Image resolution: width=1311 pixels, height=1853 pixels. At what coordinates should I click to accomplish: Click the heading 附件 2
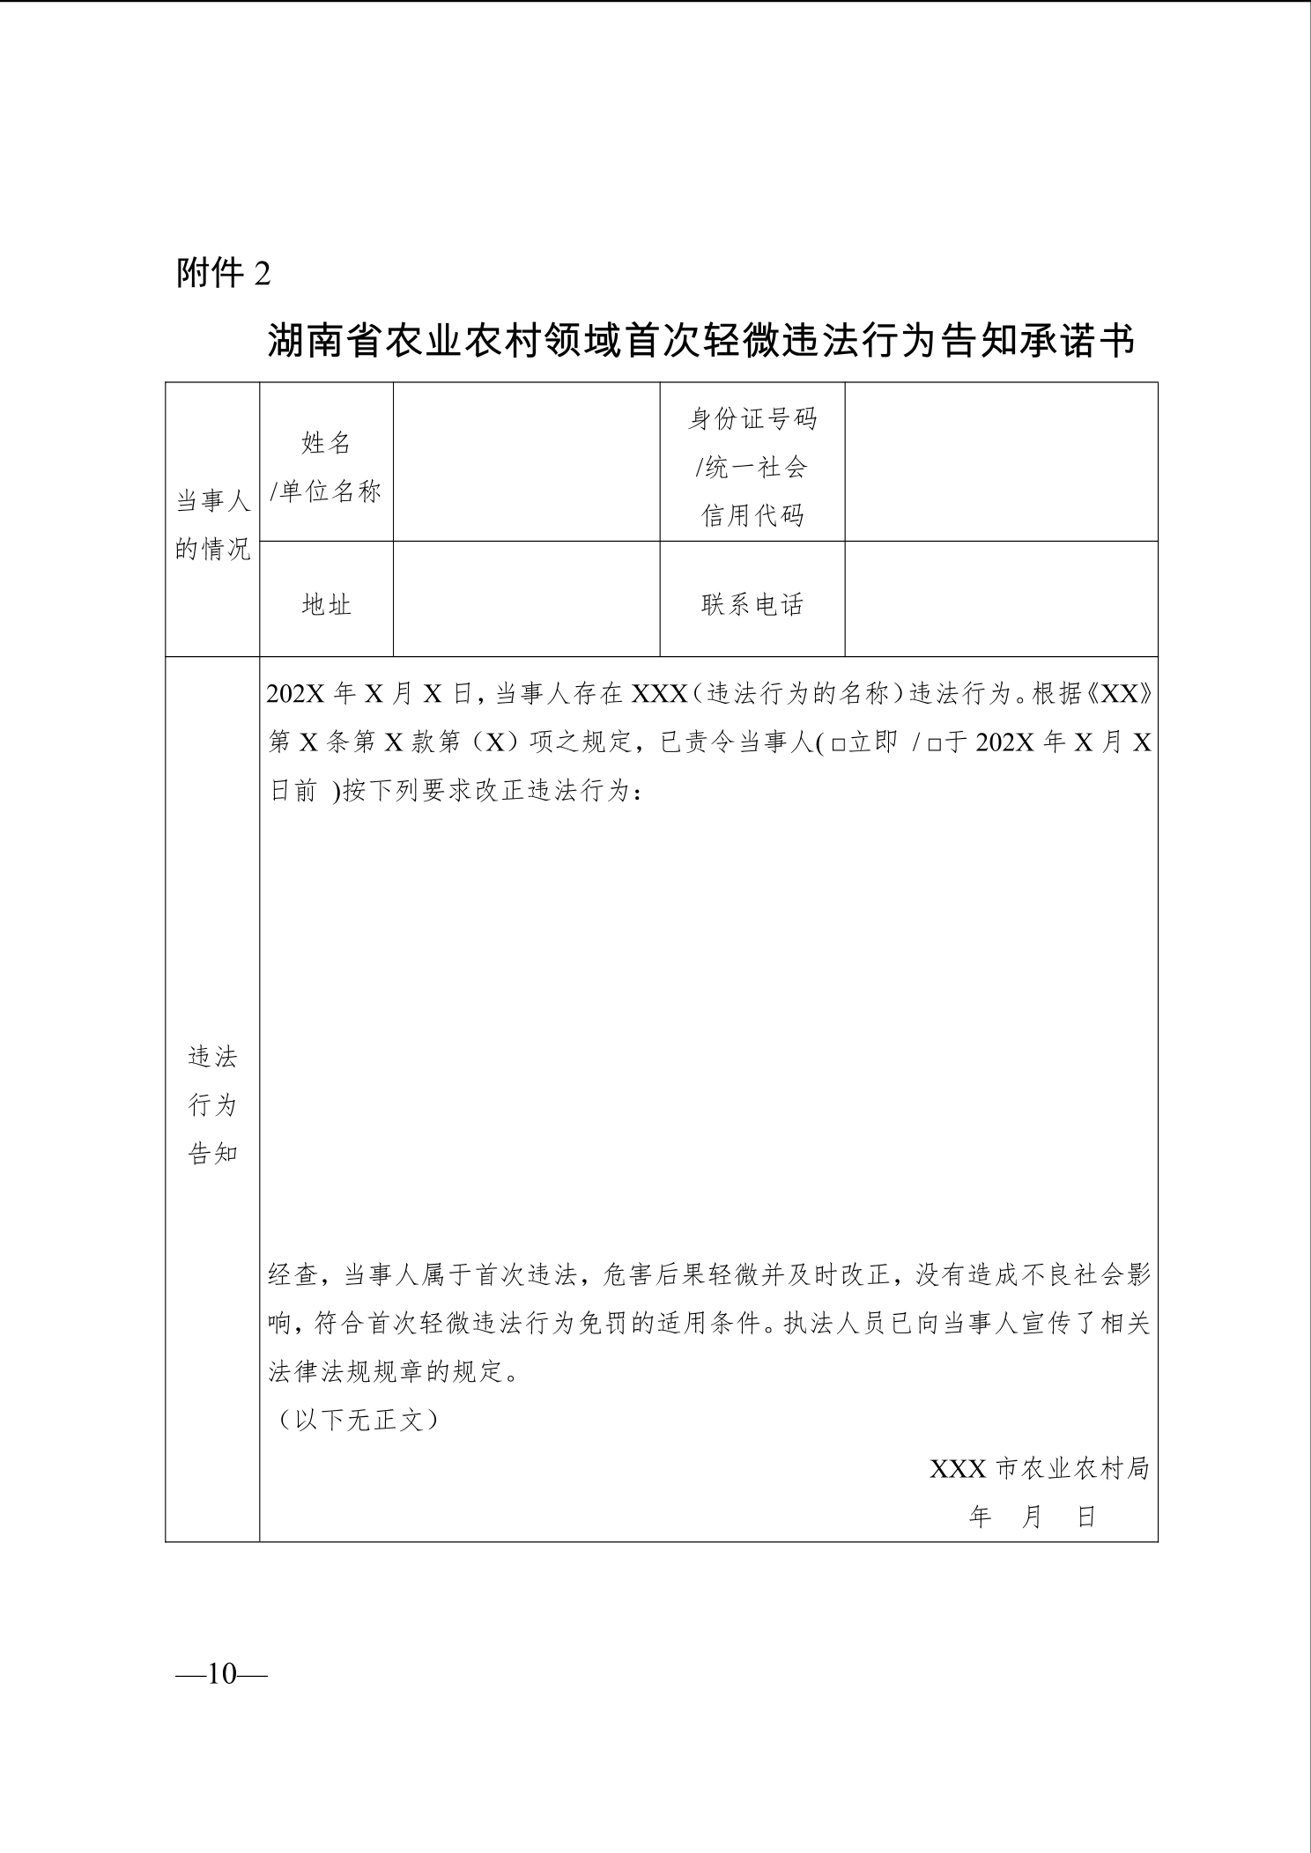point(224,273)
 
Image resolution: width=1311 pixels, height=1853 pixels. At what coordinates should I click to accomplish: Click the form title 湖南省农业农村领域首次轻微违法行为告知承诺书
point(701,342)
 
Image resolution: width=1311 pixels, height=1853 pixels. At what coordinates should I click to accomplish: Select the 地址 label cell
point(326,604)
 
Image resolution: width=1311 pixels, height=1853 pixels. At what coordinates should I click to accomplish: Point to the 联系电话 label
point(752,604)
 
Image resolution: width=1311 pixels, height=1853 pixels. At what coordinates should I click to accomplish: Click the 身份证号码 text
point(752,418)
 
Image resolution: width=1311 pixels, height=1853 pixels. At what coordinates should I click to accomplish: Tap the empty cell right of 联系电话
point(1001,599)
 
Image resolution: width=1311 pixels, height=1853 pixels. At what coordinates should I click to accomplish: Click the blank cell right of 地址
point(526,599)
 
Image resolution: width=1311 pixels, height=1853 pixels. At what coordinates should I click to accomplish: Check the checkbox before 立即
point(838,744)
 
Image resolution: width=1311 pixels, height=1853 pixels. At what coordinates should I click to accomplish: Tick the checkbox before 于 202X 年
point(934,744)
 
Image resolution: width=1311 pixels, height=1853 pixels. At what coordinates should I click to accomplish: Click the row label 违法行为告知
point(213,1104)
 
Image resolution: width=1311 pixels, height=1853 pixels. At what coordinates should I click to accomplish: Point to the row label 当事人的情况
point(213,526)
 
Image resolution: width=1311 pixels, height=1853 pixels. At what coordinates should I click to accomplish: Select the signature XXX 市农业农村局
point(1040,1468)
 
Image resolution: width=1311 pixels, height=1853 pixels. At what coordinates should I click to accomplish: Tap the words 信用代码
point(752,515)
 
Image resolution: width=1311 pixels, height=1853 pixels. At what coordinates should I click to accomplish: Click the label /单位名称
point(326,491)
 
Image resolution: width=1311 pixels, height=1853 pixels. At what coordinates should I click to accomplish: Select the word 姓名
point(326,443)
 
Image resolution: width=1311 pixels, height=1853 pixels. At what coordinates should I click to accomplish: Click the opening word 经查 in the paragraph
point(293,1274)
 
